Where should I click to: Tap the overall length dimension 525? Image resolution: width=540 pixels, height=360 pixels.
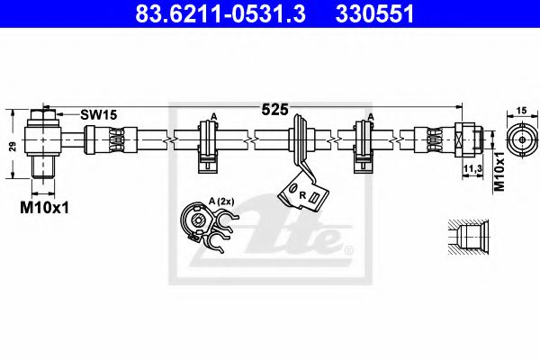[x=274, y=110]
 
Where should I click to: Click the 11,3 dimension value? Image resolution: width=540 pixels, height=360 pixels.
[x=470, y=167]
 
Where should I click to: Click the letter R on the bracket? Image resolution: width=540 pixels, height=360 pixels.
[x=302, y=194]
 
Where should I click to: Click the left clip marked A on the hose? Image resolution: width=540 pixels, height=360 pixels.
[x=208, y=144]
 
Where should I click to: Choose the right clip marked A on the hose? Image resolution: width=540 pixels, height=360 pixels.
[x=365, y=144]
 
